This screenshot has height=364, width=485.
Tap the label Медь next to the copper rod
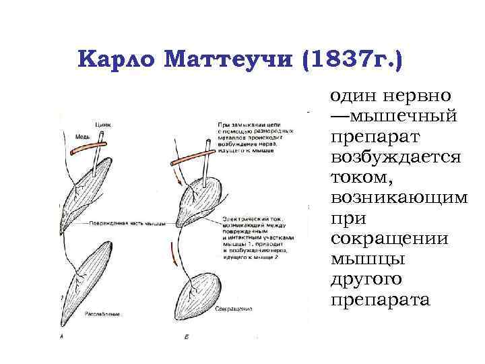point(82,136)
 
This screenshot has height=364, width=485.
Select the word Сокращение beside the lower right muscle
point(234,309)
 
